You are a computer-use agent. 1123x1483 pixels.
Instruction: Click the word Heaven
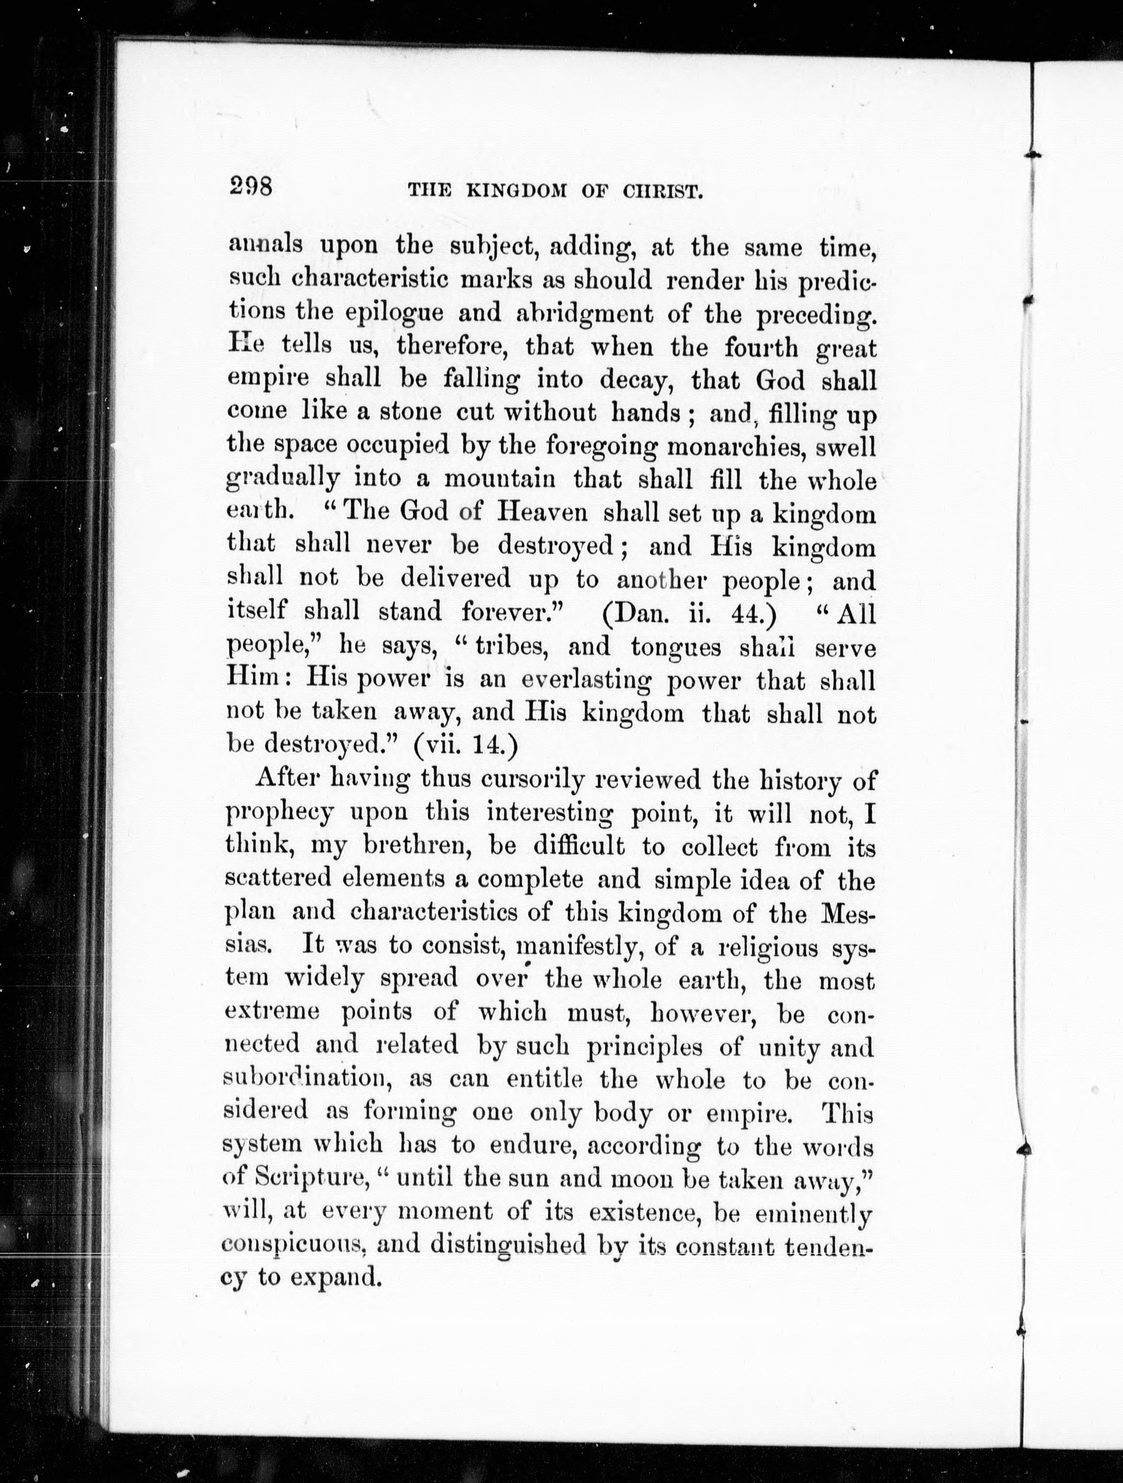543,513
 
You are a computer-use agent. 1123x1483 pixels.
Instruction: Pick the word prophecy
278,813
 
